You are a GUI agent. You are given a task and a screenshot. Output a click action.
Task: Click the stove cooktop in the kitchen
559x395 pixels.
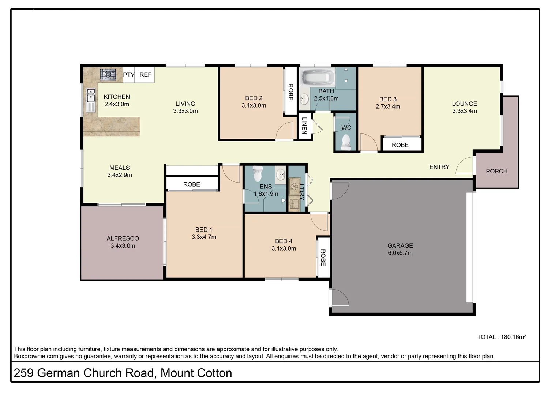click(x=108, y=74)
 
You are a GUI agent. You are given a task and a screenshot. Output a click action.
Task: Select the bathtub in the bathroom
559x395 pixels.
click(x=317, y=77)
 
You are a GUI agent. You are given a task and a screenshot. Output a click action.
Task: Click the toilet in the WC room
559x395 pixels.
click(x=346, y=142)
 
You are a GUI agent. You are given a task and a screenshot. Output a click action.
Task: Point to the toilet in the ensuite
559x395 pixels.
click(x=258, y=173)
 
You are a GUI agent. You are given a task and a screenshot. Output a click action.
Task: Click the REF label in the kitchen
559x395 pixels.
click(x=145, y=75)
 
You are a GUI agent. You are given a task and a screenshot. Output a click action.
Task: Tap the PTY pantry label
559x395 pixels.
click(x=128, y=75)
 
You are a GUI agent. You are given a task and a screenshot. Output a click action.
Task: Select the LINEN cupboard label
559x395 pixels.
click(x=304, y=125)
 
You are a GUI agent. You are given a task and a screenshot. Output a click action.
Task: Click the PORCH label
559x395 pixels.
click(x=496, y=171)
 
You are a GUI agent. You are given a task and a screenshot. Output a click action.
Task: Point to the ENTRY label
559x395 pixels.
click(x=439, y=167)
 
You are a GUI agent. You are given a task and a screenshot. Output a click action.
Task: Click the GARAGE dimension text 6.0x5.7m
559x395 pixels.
click(x=400, y=253)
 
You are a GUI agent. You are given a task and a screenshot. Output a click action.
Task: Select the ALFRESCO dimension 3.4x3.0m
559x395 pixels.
click(x=123, y=246)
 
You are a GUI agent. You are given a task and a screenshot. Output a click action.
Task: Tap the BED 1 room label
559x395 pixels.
click(x=203, y=230)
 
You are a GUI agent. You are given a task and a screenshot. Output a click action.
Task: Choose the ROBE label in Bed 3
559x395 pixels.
click(x=400, y=145)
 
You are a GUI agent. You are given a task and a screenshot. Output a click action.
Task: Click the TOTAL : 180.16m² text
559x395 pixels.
click(x=501, y=337)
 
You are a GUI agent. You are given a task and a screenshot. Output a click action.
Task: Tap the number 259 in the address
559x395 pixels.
click(x=23, y=373)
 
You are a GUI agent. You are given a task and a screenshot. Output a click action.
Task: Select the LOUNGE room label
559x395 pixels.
click(x=464, y=104)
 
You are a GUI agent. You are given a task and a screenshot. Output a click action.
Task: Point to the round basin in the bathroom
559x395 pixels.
click(x=304, y=98)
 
